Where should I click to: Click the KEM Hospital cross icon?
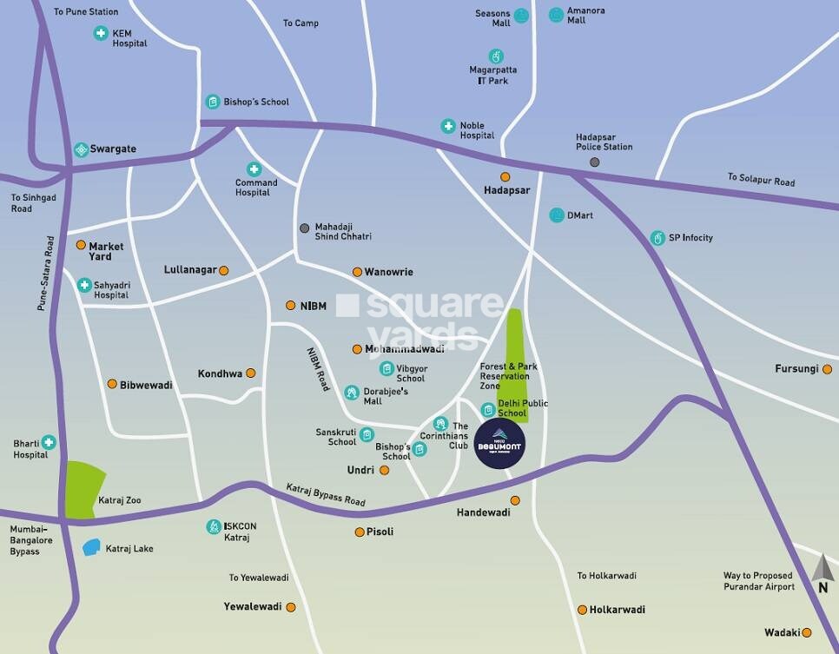101,34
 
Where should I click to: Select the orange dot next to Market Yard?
81,246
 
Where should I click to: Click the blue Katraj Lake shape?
91,548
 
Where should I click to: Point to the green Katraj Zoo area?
84,490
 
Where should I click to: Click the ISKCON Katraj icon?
213,526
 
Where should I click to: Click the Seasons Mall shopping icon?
521,15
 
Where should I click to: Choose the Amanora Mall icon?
556,15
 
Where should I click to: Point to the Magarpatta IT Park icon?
496,57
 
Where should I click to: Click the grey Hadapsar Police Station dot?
594,162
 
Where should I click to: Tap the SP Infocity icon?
658,237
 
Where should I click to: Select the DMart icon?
556,215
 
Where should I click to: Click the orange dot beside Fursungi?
827,369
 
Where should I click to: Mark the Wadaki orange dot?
807,632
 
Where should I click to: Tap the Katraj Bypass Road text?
326,495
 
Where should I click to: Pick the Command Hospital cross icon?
254,168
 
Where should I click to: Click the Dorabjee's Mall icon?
351,393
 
